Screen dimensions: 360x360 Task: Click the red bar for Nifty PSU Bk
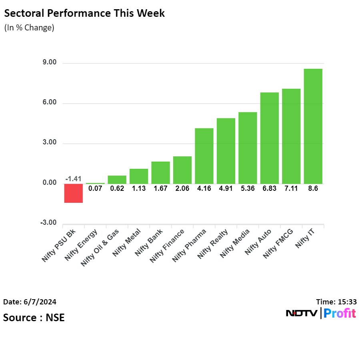pyautogui.click(x=74, y=193)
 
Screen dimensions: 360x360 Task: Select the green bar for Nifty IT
pyautogui.click(x=313, y=126)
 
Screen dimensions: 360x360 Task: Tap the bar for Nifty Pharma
pyautogui.click(x=204, y=156)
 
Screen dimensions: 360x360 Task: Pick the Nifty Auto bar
pyautogui.click(x=270, y=138)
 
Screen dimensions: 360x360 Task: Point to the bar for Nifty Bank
pyautogui.click(x=160, y=172)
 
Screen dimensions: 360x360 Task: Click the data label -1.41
pyautogui.click(x=74, y=179)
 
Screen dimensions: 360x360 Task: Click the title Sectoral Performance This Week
pyautogui.click(x=84, y=13)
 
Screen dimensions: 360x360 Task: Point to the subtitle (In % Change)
pyautogui.click(x=29, y=28)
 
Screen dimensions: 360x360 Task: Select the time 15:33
pyautogui.click(x=348, y=302)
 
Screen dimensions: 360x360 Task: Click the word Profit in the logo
pyautogui.click(x=340, y=314)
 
